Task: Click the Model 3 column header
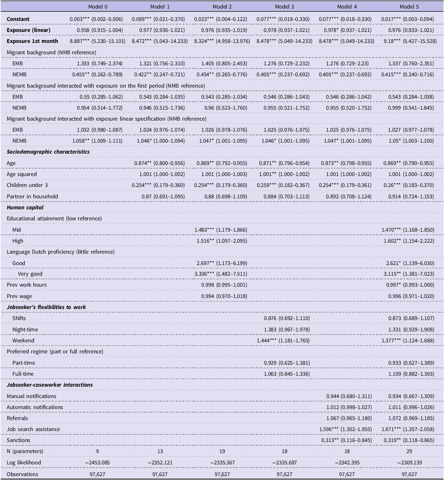pos(285,6)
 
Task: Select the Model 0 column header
pos(97,6)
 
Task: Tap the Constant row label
pos(18,19)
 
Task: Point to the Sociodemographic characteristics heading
pos(48,152)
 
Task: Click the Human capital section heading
pos(25,208)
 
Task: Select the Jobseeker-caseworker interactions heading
pos(50,385)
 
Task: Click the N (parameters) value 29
pos(409,451)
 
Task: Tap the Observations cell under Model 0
pos(97,474)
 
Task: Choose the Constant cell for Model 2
pos(221,19)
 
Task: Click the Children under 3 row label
pos(27,185)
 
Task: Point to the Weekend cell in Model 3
pos(283,341)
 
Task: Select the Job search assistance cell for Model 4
pos(345,429)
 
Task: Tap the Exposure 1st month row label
pos(32,41)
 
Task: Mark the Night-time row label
pos(25,330)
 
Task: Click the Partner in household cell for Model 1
pos(163,197)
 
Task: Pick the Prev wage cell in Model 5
pos(411,296)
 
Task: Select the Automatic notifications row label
pos(35,407)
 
